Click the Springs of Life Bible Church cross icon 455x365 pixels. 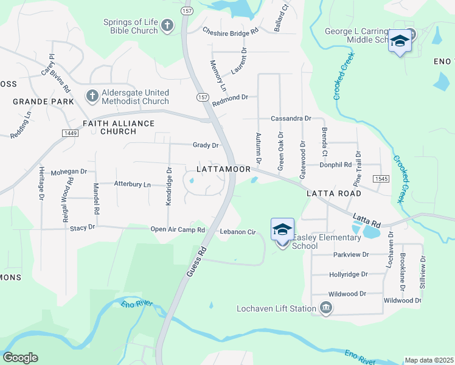click(x=167, y=26)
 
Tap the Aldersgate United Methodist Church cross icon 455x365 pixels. click(x=92, y=96)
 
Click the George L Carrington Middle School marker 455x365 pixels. click(x=400, y=41)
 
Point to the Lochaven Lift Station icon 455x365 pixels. click(x=326, y=308)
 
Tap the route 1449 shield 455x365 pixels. click(x=69, y=133)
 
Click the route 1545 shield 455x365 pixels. click(x=381, y=178)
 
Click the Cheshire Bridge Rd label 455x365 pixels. click(x=231, y=30)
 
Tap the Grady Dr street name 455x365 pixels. click(x=205, y=145)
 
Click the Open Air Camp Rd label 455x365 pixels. click(x=178, y=230)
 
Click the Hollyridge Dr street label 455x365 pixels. click(x=349, y=274)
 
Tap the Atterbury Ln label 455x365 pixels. click(x=132, y=184)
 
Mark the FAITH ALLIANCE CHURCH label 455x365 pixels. click(x=118, y=127)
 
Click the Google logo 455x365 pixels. click(x=20, y=358)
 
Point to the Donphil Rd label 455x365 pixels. click(x=335, y=165)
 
